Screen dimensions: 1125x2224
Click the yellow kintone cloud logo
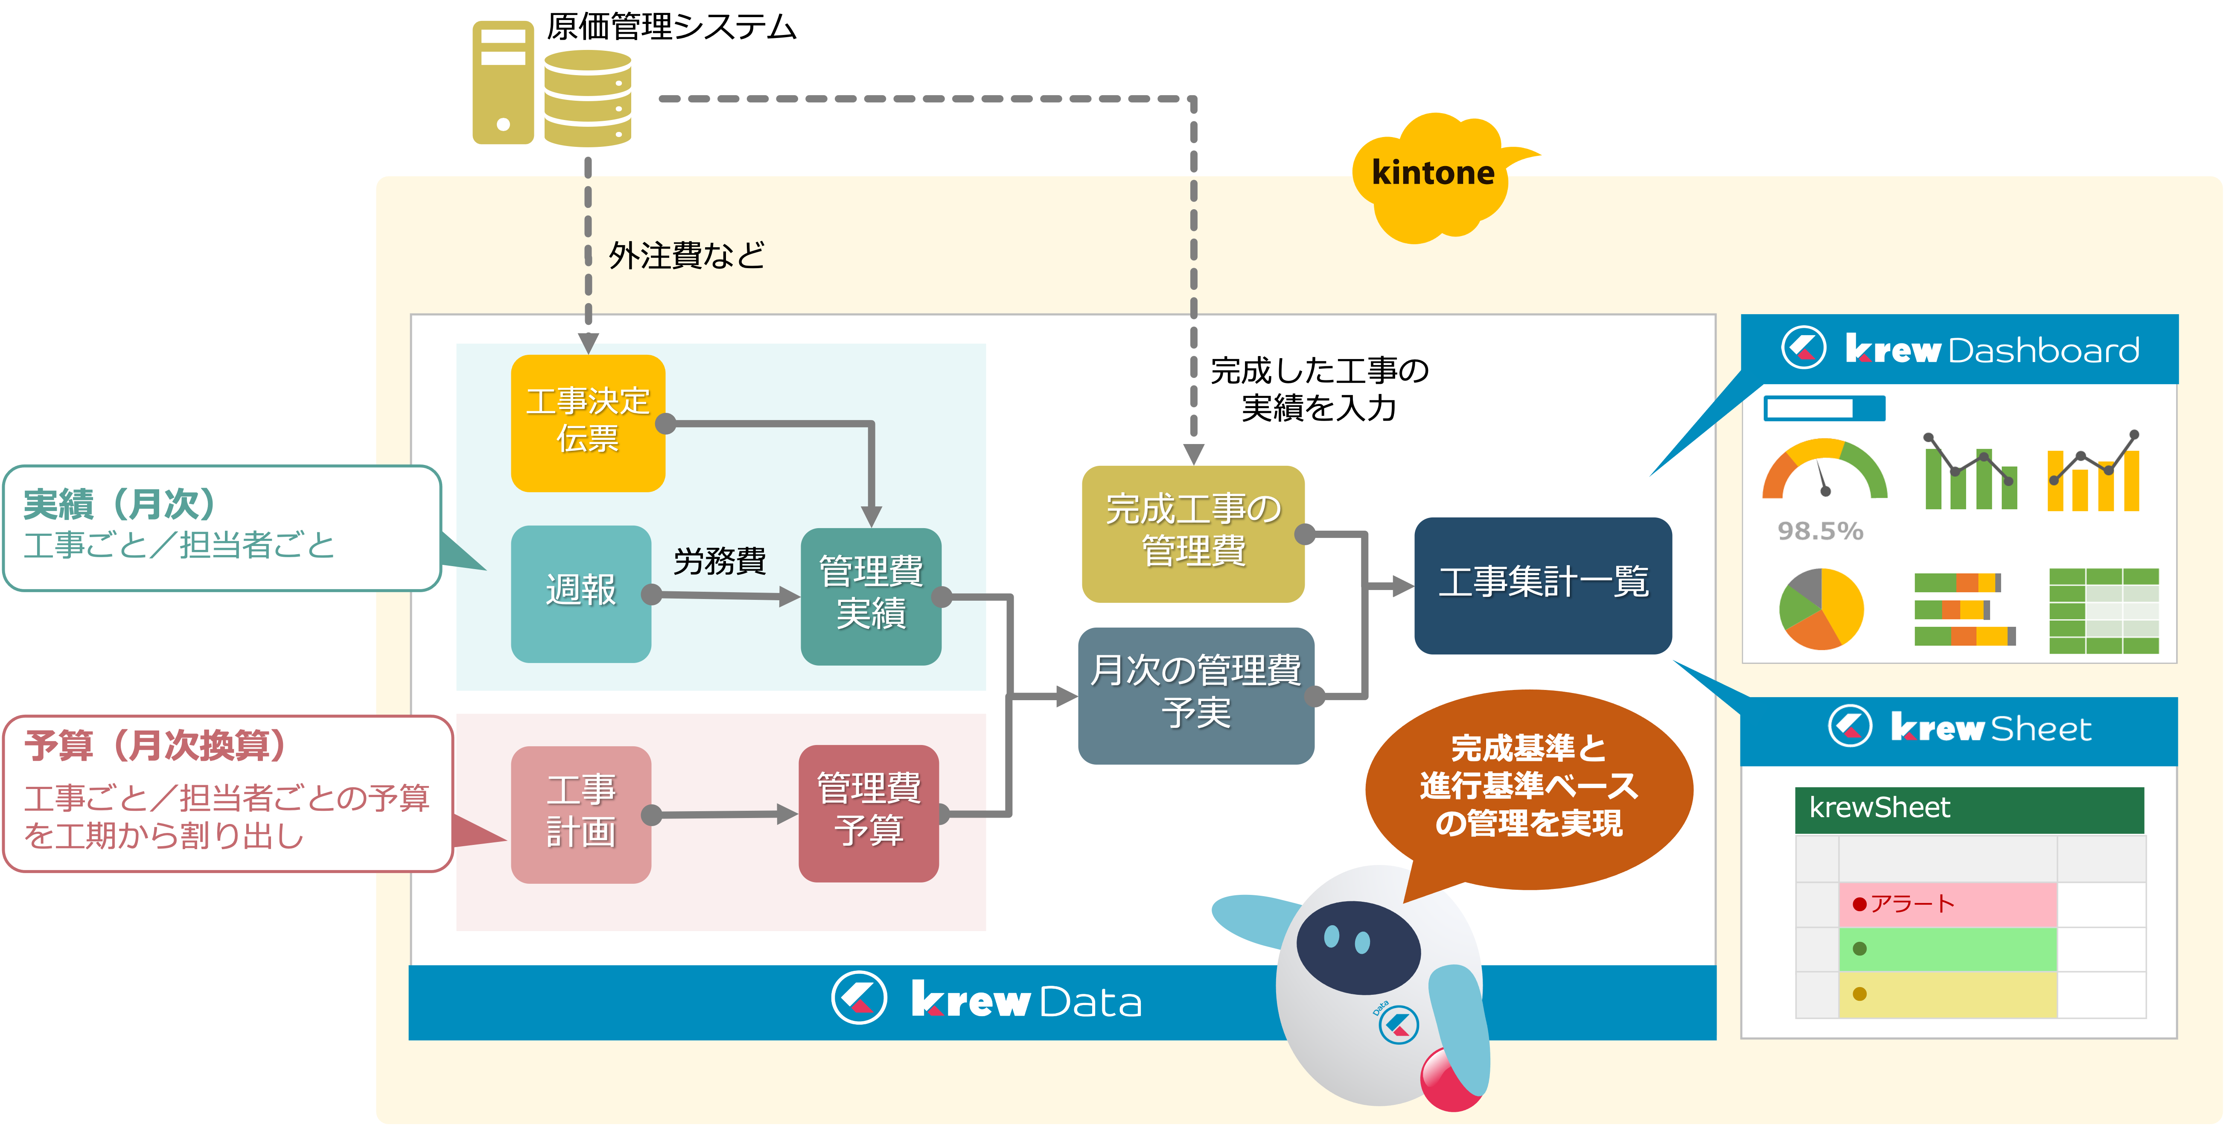coord(1433,177)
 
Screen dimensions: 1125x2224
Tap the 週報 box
coord(581,593)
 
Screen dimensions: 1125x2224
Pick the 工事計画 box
coord(581,813)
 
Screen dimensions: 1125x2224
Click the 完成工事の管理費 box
coord(1193,533)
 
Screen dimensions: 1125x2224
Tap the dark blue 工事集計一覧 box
coord(1543,584)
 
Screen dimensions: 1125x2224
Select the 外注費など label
coord(686,256)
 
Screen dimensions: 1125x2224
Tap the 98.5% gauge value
coord(1820,531)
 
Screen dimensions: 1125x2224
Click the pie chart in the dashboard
coord(1821,608)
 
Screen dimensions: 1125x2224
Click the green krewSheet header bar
coord(1969,808)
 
